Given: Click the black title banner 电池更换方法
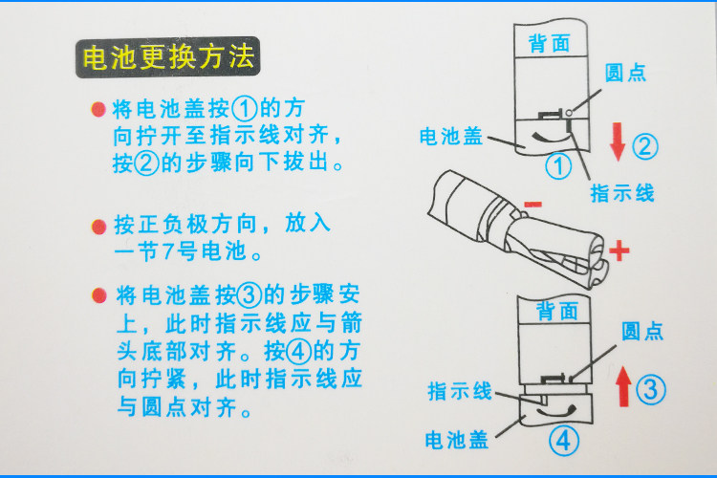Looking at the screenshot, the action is (x=168, y=57).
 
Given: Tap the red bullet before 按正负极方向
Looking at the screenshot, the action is (x=98, y=227).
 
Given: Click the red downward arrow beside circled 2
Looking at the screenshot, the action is (x=618, y=141).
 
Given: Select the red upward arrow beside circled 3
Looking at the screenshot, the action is (x=623, y=386).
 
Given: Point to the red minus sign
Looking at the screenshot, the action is (x=532, y=204).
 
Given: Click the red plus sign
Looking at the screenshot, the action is (x=619, y=251).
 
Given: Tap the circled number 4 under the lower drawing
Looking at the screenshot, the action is (x=564, y=441).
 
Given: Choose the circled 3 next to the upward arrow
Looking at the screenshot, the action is (x=651, y=389).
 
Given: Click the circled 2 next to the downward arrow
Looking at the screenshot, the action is (x=645, y=146).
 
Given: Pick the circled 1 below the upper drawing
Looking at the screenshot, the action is (x=558, y=165).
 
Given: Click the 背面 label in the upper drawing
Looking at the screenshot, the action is (x=549, y=44).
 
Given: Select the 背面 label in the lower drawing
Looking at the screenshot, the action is (x=557, y=311).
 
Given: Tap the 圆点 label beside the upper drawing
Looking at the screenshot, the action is (x=625, y=73).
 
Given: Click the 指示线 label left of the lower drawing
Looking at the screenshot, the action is (x=460, y=392).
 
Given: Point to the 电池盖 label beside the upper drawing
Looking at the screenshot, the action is (x=451, y=137).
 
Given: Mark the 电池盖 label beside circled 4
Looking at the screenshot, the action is (x=456, y=440).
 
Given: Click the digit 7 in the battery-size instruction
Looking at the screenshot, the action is (x=167, y=251).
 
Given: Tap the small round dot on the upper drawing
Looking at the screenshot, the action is (x=569, y=113).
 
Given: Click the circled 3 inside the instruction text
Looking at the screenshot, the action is (x=249, y=295).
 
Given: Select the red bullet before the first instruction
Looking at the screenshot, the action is (x=98, y=110).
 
